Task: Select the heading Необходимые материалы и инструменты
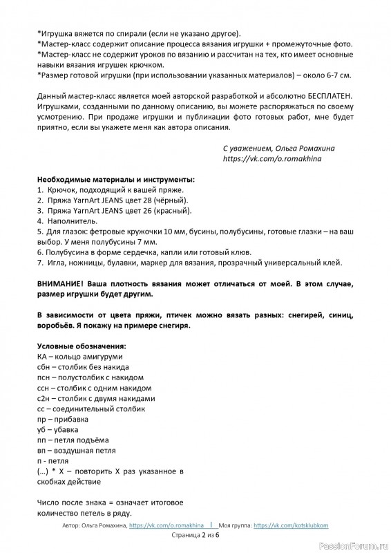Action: pos(115,178)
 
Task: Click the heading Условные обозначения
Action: pos(80,346)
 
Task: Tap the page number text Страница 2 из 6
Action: pos(195,535)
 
